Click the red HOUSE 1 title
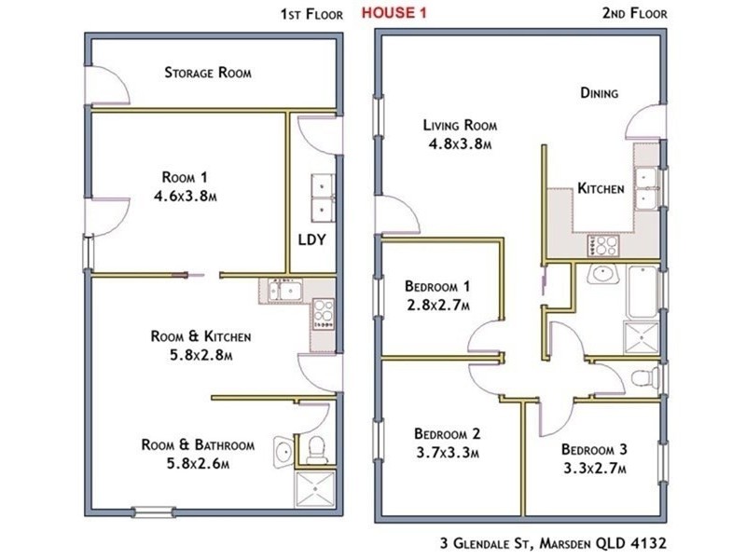point(394,13)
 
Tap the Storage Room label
point(208,73)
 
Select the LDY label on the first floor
point(312,239)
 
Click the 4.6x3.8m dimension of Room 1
point(185,196)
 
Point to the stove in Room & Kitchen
point(323,313)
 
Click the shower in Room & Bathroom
point(315,488)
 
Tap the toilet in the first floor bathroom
point(316,450)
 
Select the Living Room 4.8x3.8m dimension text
point(460,143)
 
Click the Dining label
point(599,92)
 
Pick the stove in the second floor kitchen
point(602,245)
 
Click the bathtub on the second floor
point(642,293)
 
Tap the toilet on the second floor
point(645,378)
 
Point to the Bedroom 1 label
point(437,286)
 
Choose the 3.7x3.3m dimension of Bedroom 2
point(448,453)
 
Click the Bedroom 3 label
point(594,449)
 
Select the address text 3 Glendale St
point(488,543)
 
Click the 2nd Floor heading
point(635,13)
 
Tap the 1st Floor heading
point(311,14)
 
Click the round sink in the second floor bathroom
point(602,274)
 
